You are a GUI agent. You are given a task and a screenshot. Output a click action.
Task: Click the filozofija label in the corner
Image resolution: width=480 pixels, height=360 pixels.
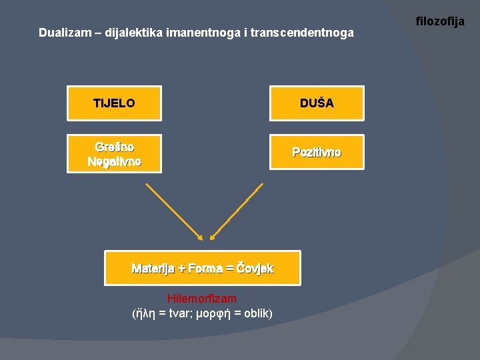tap(440, 22)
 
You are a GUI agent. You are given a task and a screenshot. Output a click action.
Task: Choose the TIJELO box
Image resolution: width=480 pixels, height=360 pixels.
tap(114, 103)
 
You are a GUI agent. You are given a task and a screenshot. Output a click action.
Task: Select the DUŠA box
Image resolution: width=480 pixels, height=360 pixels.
tap(317, 103)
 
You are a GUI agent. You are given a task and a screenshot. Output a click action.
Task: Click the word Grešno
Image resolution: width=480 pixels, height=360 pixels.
tap(114, 147)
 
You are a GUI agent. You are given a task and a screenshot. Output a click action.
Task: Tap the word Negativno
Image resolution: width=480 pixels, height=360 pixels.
tap(114, 161)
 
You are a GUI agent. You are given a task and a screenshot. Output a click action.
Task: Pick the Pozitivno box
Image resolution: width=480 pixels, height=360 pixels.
tap(317, 153)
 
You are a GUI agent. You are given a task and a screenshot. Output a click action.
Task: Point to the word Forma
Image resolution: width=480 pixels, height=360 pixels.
tap(205, 269)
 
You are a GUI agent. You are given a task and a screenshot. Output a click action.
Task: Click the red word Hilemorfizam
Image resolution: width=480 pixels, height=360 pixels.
tap(202, 299)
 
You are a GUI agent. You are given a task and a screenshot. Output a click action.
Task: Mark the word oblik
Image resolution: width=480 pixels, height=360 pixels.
tap(256, 313)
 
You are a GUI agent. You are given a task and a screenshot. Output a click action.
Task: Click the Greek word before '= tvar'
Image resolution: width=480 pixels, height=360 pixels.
tap(147, 313)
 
